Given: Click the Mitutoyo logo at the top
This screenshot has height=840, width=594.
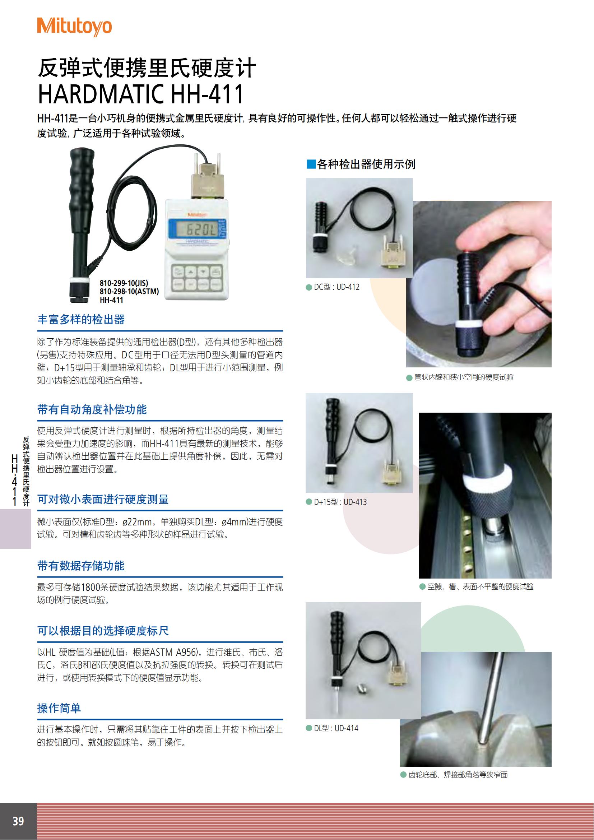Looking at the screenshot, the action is (74, 27).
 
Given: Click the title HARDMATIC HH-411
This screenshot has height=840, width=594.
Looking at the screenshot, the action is (141, 94).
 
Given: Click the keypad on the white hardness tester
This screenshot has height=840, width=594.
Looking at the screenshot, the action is (197, 278).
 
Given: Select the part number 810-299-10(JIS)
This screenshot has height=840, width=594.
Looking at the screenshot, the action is (124, 283).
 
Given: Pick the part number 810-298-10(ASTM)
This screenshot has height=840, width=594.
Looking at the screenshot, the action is (130, 292).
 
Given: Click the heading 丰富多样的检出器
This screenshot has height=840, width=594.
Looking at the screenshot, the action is (81, 319).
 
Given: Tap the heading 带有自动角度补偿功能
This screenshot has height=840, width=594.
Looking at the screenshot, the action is (92, 409).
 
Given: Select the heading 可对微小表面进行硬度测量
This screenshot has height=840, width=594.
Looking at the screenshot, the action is (103, 500).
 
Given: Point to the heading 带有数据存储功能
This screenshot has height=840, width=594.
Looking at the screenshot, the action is (81, 566).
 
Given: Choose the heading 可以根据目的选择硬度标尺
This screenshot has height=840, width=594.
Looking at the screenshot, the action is (103, 631).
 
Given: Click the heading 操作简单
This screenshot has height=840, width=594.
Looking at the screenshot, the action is (59, 708).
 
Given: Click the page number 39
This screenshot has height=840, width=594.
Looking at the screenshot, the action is (18, 821).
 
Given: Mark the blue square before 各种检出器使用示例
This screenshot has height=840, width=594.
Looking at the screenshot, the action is (311, 164).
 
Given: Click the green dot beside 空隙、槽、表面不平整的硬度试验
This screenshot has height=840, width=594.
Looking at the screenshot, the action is (422, 586).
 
